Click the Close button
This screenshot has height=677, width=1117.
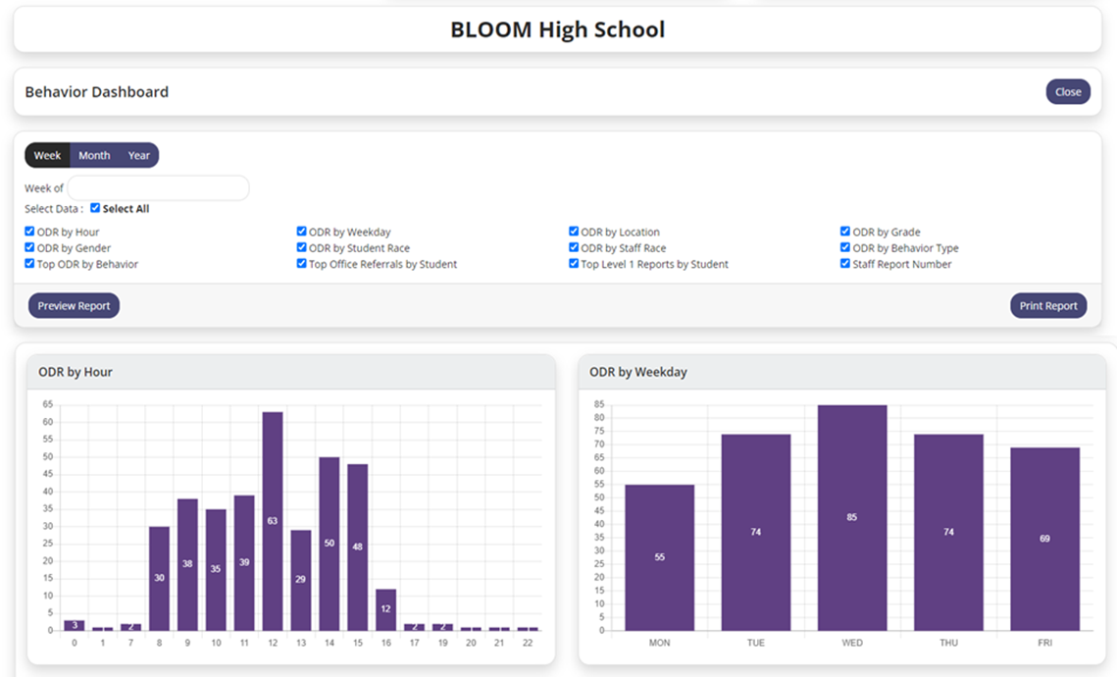1068,92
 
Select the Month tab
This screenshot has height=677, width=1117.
94,155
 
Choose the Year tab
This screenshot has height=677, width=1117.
139,155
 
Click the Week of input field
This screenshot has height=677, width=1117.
158,188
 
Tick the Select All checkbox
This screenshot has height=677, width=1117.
95,208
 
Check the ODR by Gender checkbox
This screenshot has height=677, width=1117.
29,248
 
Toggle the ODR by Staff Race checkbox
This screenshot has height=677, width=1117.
574,248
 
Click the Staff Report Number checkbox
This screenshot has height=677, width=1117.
845,264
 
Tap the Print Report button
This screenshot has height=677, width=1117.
1048,306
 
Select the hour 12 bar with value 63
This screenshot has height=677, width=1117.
272,520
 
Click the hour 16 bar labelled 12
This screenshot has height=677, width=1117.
385,609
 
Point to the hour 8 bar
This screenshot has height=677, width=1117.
159,578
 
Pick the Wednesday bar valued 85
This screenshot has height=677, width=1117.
852,517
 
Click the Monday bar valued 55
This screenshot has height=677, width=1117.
659,557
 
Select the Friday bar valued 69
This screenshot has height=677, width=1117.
1044,539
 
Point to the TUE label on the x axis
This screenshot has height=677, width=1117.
755,643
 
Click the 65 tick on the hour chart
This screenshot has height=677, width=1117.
48,404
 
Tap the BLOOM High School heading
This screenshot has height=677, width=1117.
557,29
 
